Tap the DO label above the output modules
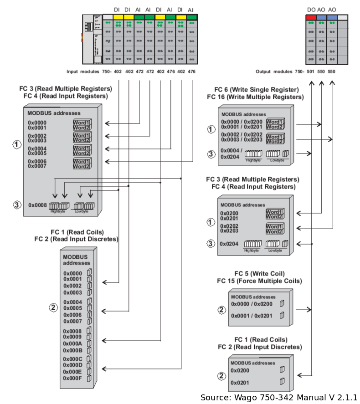(311, 10)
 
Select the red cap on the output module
(311, 17)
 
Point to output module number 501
(310, 72)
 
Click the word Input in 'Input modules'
(73, 72)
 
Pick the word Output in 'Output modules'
(263, 72)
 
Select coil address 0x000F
(72, 378)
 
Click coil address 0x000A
(72, 343)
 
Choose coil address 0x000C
(72, 359)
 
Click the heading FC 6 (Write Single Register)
(257, 90)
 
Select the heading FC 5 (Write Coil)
(259, 274)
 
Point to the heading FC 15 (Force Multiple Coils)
(259, 281)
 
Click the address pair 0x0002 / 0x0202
(242, 135)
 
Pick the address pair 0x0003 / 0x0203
(242, 139)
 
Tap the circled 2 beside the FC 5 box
(221, 310)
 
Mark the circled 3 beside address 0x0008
(17, 205)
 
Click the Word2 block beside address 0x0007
(82, 166)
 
